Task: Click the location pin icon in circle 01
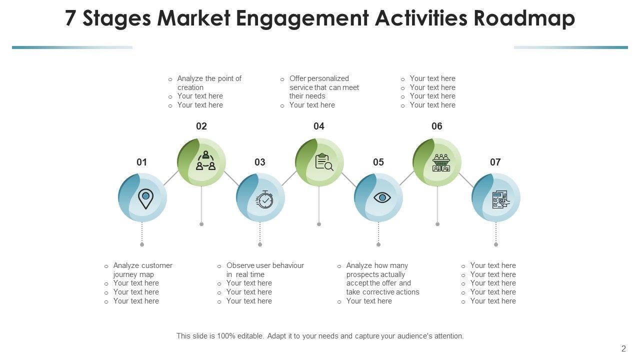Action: tap(145, 198)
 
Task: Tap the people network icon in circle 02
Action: tap(205, 161)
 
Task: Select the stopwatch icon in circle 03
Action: tap(264, 199)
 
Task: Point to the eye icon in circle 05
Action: tap(382, 197)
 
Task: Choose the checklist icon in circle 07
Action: tap(500, 199)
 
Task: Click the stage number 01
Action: tap(142, 162)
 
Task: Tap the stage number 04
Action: tap(319, 126)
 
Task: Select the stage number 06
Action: tap(437, 126)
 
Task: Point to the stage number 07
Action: tap(495, 162)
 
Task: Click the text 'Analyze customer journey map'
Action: tap(142, 270)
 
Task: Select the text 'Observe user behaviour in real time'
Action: tap(264, 270)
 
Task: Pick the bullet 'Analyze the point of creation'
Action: tap(209, 82)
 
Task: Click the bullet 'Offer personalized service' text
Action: tap(323, 87)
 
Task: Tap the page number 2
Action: tap(623, 349)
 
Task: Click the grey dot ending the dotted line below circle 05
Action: tap(378, 244)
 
